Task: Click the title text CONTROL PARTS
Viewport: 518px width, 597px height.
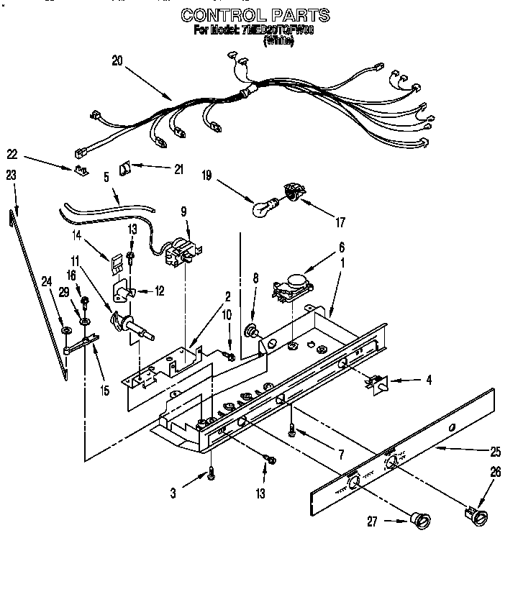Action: pos(255,14)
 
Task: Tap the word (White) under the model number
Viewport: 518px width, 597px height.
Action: pos(278,41)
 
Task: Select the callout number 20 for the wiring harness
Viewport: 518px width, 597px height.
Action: pos(117,61)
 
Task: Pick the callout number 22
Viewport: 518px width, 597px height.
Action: pos(12,153)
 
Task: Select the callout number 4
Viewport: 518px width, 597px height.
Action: pos(429,379)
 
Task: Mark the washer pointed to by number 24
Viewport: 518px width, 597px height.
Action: pos(66,330)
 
